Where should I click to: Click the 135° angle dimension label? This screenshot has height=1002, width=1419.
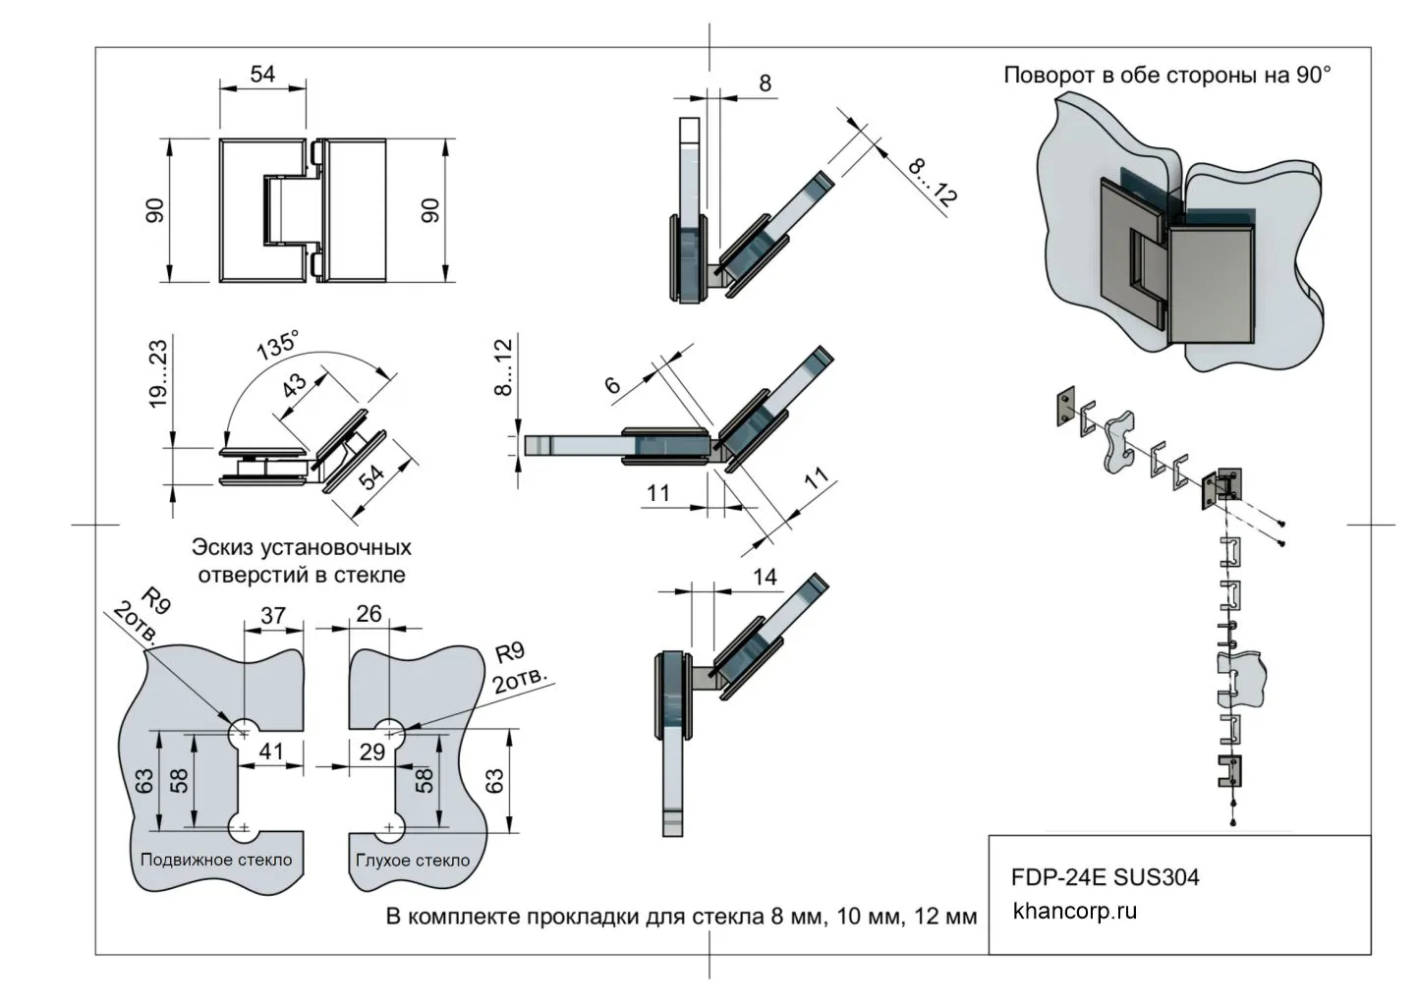(277, 345)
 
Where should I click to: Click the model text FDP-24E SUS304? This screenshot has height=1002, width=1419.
(1105, 876)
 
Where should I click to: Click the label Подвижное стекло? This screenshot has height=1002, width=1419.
(216, 860)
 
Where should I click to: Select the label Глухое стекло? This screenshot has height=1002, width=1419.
(413, 861)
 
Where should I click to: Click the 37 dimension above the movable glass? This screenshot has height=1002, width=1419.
(272, 615)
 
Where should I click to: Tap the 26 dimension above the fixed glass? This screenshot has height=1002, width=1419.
(369, 614)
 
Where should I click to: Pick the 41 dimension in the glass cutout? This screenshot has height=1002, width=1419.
(270, 752)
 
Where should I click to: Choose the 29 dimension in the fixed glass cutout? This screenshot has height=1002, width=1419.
(371, 752)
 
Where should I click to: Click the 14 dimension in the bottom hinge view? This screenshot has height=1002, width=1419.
(765, 577)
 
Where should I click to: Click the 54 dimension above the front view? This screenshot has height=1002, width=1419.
(262, 74)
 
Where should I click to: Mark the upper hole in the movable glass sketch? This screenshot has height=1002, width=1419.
(243, 733)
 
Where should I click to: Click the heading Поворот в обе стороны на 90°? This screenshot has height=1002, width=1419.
(1166, 76)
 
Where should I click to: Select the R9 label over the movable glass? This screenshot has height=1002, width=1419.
(155, 598)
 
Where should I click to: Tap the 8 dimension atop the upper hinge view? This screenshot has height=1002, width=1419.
(766, 83)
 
